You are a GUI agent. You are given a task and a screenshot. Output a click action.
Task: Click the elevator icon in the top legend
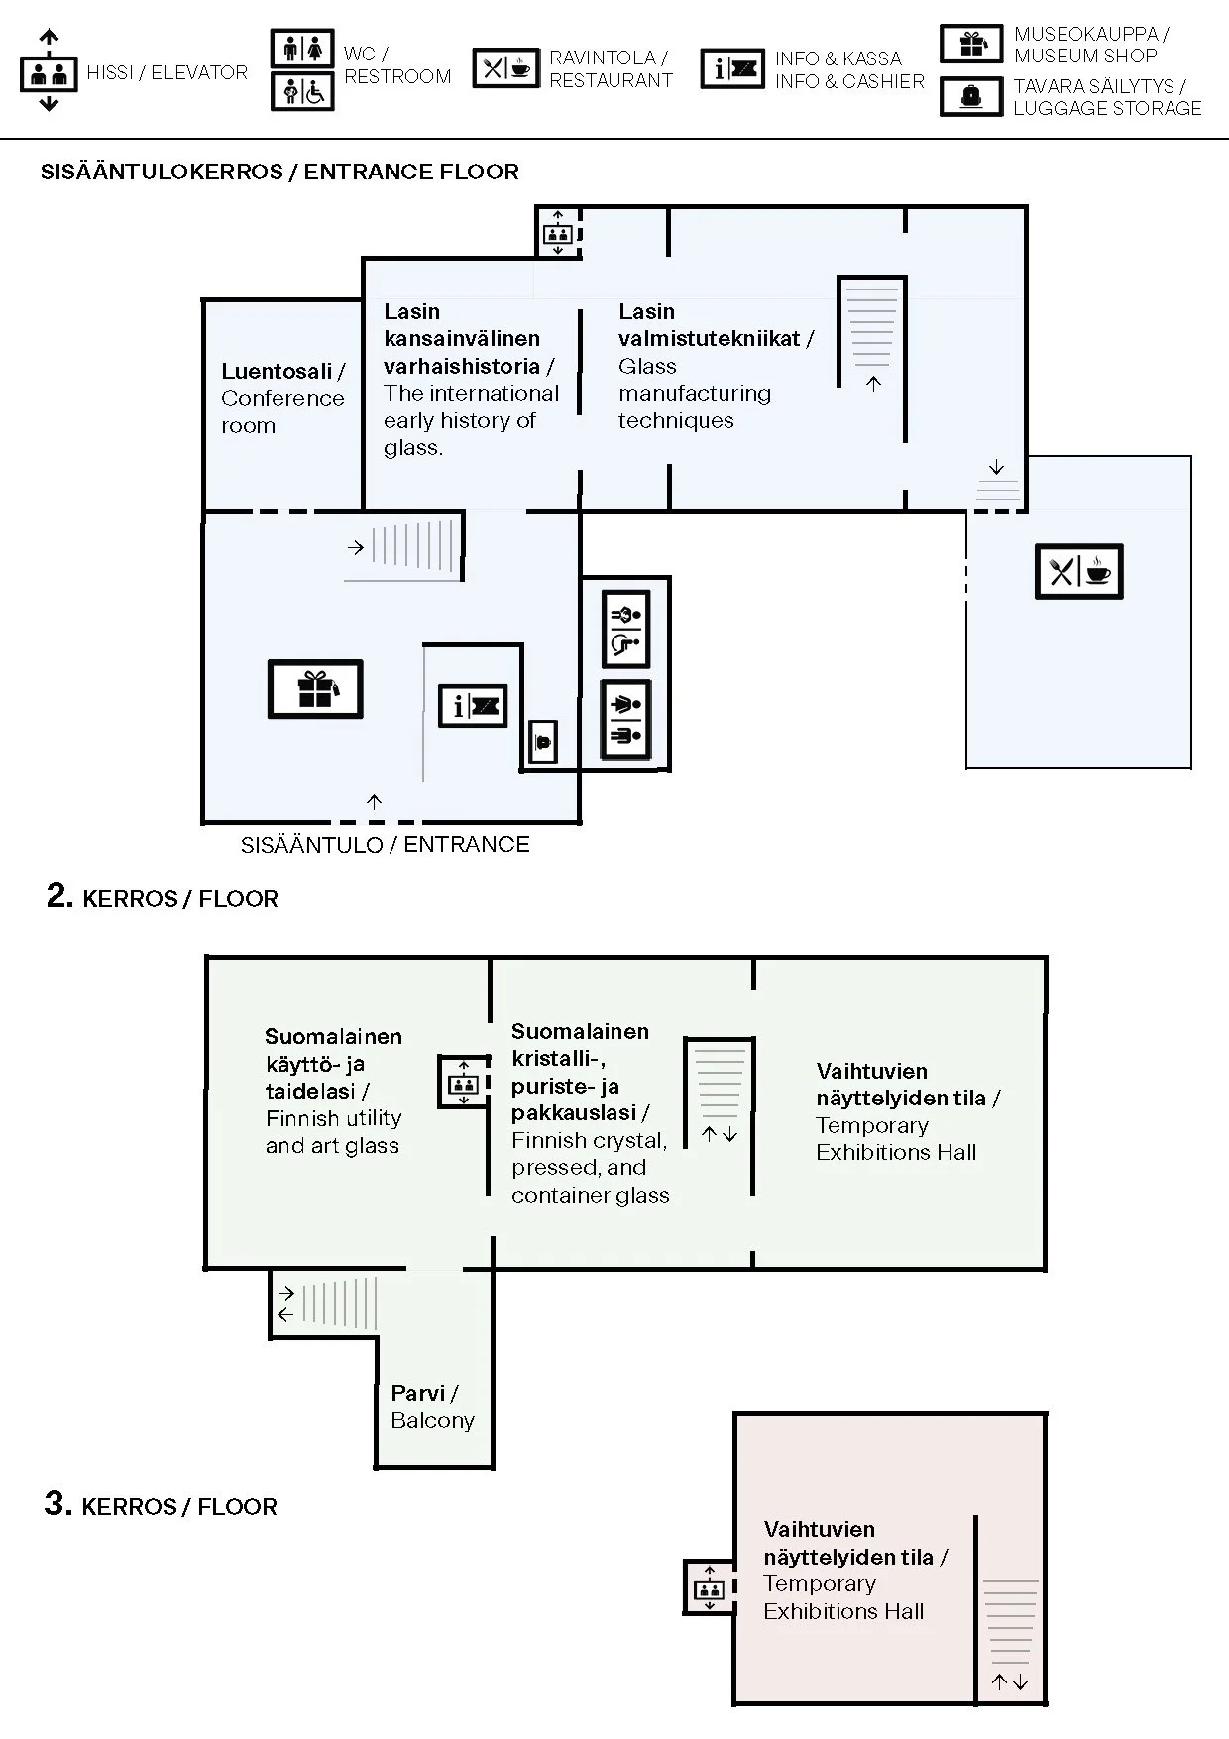point(49,71)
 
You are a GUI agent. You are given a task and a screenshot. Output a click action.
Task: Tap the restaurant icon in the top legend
point(505,68)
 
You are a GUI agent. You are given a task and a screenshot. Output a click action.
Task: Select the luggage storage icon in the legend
point(971,96)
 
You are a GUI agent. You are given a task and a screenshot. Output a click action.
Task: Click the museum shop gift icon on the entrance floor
point(315,689)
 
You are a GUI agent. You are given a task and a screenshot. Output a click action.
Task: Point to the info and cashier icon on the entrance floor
point(473,706)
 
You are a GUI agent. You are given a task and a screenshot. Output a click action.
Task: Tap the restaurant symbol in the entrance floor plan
point(1078,571)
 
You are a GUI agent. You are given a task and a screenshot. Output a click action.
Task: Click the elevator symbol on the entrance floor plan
point(557,234)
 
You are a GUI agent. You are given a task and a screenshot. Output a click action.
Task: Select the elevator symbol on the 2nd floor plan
point(463,1081)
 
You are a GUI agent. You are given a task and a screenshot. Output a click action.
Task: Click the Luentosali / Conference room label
point(282,398)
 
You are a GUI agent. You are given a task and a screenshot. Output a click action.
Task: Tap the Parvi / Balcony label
point(432,1406)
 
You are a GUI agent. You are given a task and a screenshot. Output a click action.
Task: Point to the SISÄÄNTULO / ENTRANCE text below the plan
point(385,845)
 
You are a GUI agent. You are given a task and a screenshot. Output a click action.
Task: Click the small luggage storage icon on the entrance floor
point(542,742)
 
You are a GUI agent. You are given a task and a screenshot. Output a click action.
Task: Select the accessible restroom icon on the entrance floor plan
point(625,630)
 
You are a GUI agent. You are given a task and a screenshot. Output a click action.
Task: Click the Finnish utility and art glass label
point(333,1091)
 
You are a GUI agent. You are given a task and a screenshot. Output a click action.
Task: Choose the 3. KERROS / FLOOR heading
point(161,1505)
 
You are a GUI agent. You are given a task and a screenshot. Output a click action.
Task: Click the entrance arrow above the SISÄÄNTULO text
point(374,801)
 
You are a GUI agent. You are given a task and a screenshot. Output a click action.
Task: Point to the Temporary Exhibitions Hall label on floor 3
point(854,1569)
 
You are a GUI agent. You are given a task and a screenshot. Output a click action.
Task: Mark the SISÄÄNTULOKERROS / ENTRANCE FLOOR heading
point(279,172)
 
